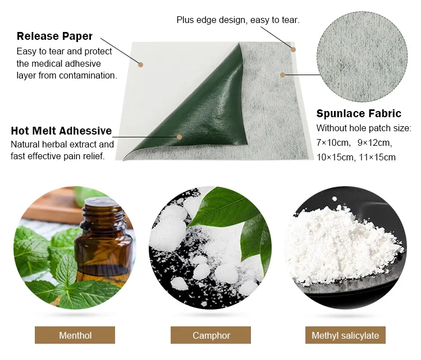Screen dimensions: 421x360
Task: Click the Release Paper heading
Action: [x=54, y=36]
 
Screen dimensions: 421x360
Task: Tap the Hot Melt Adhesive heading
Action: [x=61, y=131]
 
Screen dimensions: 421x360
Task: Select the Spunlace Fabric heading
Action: [x=359, y=113]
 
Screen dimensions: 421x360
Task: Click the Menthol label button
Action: [x=75, y=335]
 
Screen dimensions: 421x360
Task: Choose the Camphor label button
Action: [x=210, y=335]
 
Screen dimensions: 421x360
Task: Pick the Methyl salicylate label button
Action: [x=345, y=335]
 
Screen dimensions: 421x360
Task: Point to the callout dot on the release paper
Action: [x=141, y=64]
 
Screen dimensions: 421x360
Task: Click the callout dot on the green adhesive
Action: [x=180, y=137]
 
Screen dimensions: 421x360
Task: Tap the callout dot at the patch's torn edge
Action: [x=293, y=50]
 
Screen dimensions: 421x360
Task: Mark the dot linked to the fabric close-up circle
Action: [x=282, y=75]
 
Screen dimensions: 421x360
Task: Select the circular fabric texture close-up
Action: [x=362, y=57]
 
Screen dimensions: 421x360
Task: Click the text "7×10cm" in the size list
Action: [x=333, y=143]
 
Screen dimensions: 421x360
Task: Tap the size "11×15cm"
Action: [x=377, y=157]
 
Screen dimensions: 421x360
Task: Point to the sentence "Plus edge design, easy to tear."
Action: [x=238, y=20]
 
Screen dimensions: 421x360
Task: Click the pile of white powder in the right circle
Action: [x=342, y=247]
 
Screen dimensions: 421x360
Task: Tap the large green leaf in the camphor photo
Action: [x=223, y=206]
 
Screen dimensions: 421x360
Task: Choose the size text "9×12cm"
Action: [x=374, y=143]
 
